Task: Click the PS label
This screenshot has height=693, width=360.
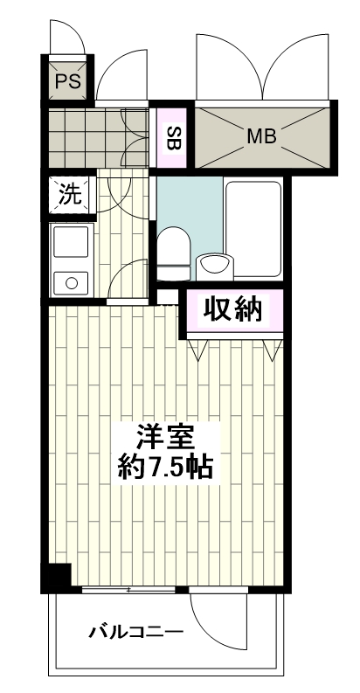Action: coord(67,82)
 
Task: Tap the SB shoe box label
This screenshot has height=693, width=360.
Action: coord(173,136)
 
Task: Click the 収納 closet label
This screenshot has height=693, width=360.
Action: coord(233,310)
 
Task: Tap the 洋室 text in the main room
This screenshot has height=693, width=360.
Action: coord(164,435)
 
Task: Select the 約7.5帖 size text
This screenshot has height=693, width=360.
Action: coord(164,466)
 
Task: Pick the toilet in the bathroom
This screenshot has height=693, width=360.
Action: coord(175,247)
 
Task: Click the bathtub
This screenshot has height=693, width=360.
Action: coord(253,218)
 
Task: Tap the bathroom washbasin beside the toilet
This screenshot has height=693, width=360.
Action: coord(213,262)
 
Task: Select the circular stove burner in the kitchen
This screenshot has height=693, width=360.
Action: coord(71,281)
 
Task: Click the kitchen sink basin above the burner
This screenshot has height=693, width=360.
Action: coord(71,240)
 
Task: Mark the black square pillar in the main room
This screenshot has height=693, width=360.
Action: coord(56,579)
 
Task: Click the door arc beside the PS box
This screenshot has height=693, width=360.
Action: coord(119,83)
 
